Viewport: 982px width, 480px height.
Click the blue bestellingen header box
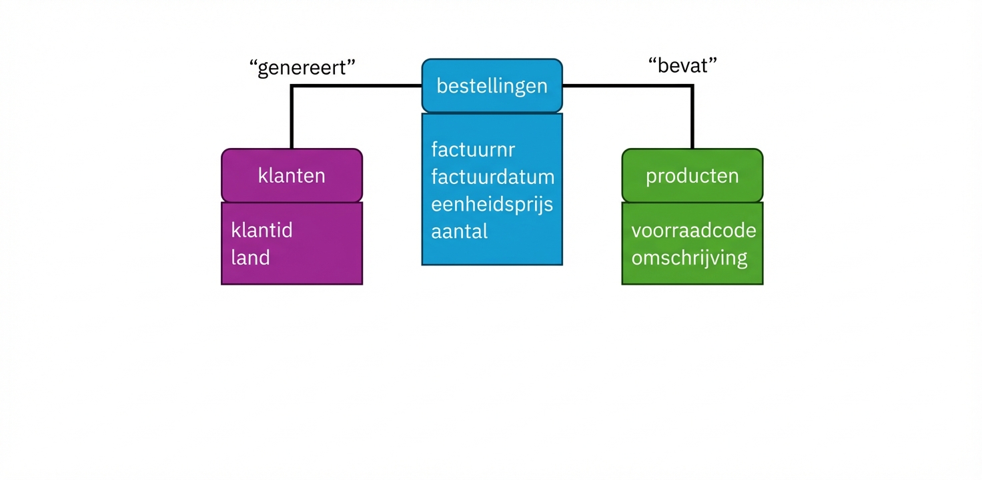(492, 86)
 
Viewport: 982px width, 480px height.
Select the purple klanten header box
(292, 175)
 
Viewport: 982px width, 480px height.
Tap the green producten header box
(692, 175)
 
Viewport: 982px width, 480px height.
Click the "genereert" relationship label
(302, 68)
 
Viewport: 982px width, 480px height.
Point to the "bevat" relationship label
(682, 65)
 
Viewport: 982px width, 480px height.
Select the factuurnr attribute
(472, 149)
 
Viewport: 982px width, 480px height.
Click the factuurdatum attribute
(492, 177)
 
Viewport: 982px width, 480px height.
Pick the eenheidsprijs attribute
(492, 204)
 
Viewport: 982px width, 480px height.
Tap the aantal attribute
(459, 231)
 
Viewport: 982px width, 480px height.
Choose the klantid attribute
(262, 230)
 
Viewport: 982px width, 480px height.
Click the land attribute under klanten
(250, 257)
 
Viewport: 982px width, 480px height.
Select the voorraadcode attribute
(693, 230)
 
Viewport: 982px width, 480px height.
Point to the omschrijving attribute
(689, 257)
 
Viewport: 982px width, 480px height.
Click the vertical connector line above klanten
(292, 120)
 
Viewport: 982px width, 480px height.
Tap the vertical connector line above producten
(692, 120)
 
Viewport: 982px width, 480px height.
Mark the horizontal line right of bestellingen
(627, 86)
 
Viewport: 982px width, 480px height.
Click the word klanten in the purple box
(292, 175)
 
